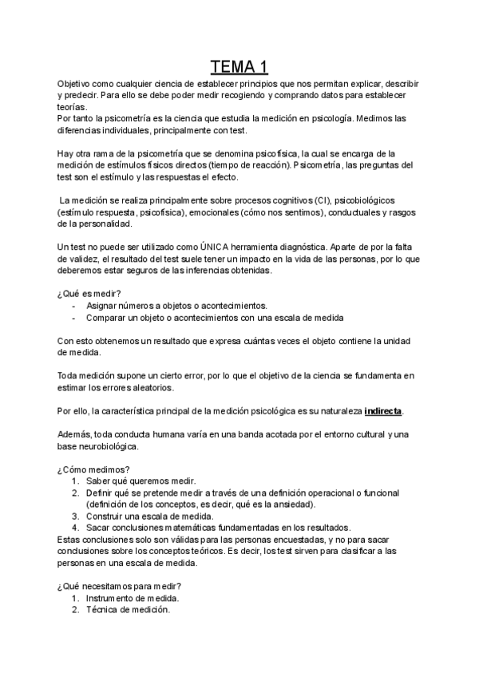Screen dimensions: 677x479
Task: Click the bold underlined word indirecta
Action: (382, 411)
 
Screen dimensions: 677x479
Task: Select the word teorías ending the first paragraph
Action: (73, 107)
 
